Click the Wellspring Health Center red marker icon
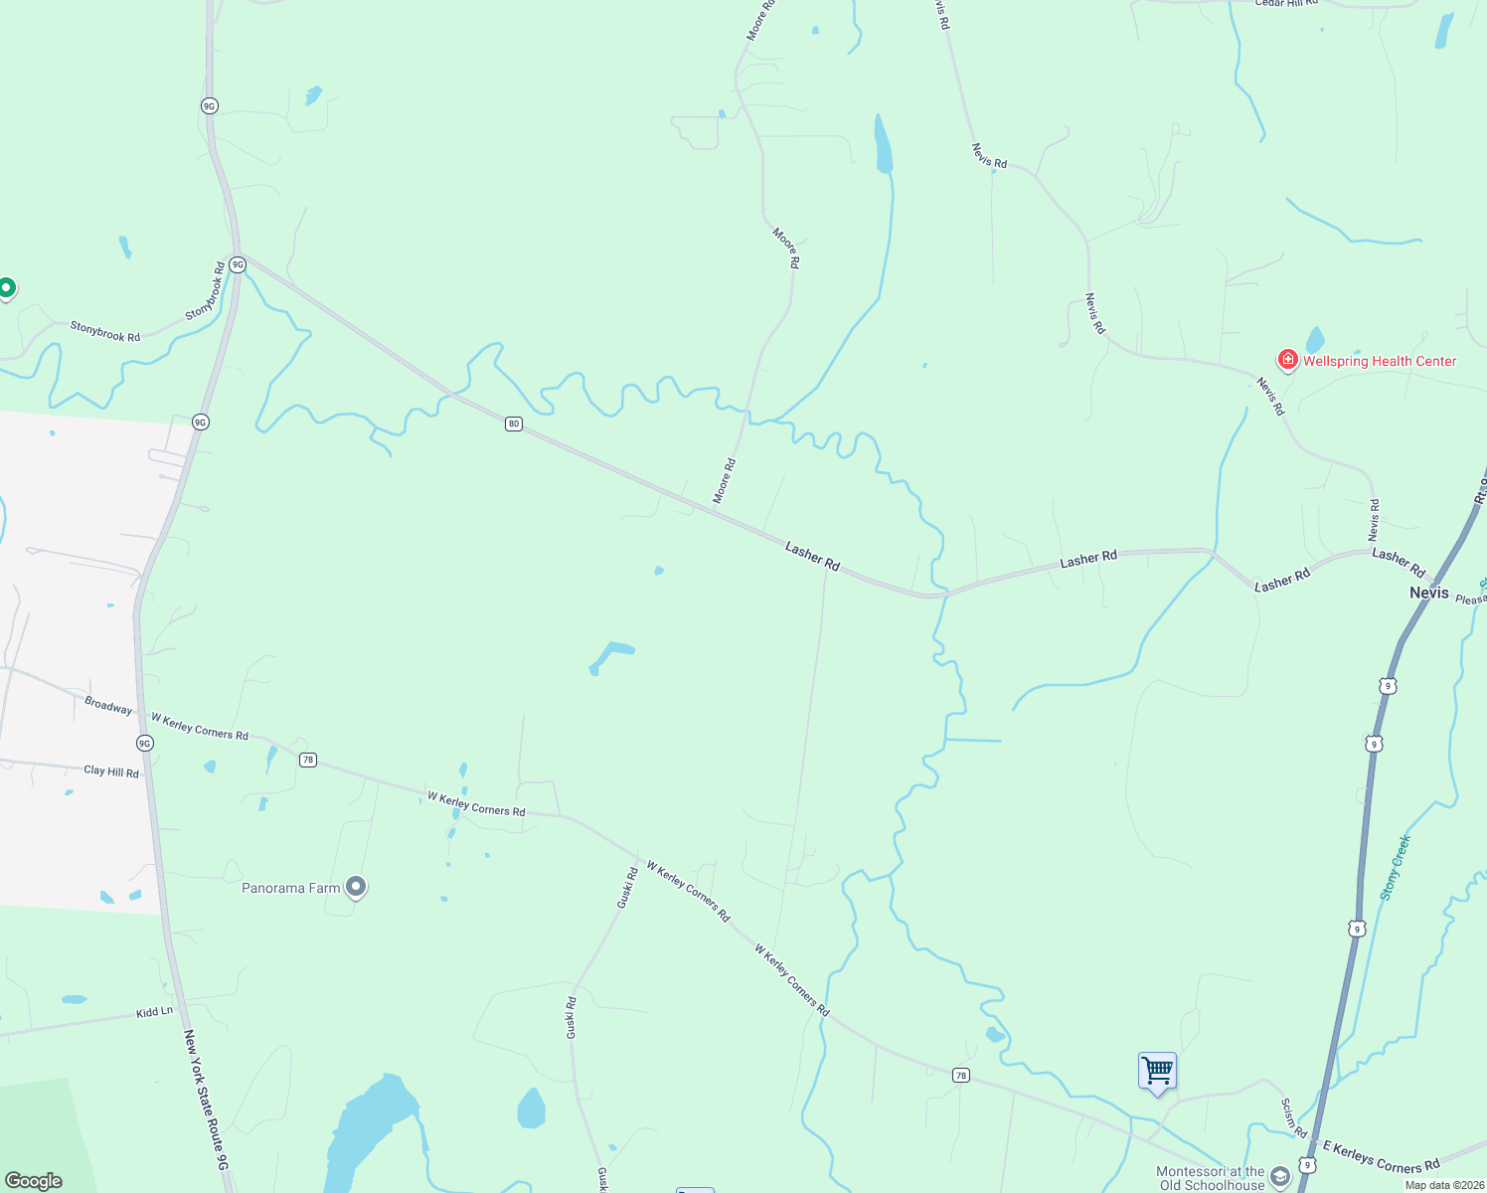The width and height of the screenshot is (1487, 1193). [x=1287, y=360]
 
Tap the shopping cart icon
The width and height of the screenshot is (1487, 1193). [x=1157, y=1072]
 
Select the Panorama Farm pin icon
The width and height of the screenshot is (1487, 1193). [x=356, y=887]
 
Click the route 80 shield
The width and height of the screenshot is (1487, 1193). [x=513, y=424]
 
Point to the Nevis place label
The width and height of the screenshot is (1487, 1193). [x=1428, y=593]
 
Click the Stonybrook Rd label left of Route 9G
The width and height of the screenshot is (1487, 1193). [x=104, y=331]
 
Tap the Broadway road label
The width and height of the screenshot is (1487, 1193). [x=108, y=706]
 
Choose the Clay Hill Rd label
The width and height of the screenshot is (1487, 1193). [x=111, y=770]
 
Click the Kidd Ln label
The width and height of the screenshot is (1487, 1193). [x=154, y=1012]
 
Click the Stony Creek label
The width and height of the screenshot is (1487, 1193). [x=1396, y=867]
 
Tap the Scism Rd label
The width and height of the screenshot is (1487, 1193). [x=1293, y=1117]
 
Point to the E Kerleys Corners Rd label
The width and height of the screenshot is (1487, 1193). [x=1381, y=1158]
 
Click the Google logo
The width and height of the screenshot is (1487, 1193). [x=34, y=1180]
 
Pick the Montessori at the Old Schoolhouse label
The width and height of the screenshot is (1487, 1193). [x=1210, y=1178]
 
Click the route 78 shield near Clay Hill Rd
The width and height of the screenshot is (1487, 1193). [x=308, y=760]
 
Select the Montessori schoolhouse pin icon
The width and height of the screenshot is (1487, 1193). [x=1280, y=1177]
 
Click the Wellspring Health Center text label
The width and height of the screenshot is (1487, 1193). [x=1379, y=361]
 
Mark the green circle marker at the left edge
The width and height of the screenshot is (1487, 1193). [x=6, y=288]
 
